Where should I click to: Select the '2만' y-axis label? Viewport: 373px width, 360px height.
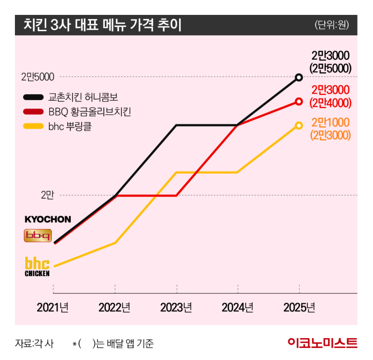47,195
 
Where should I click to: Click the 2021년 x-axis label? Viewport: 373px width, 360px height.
53,307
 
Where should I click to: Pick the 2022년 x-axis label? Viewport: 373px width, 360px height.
115,307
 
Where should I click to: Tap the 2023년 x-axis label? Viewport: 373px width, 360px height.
176,307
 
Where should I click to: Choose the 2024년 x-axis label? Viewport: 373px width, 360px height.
237,307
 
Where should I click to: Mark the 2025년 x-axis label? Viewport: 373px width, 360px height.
299,307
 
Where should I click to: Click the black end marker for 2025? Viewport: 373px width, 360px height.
299,77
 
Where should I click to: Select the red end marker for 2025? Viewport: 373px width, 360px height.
299,101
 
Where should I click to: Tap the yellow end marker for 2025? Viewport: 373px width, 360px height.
299,125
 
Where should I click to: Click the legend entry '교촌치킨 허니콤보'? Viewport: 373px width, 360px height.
83,97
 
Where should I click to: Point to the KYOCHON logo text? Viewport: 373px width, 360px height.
48,219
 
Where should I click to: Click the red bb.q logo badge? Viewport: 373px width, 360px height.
37,236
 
